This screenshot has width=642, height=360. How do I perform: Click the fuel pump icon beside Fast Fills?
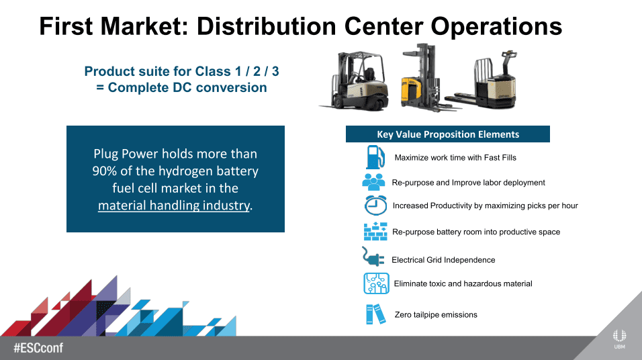tap(375, 157)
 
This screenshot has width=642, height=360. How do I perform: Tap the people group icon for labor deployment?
tap(374, 182)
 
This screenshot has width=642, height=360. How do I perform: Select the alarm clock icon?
tap(375, 206)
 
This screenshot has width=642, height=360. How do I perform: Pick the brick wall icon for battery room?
tap(375, 232)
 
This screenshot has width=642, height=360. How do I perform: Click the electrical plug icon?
tap(373, 257)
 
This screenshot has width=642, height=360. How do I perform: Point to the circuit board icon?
tap(376, 283)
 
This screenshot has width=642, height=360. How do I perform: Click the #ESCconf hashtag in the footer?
tap(38, 348)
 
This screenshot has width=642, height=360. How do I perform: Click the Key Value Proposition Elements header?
tap(448, 134)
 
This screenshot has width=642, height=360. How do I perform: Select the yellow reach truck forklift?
tap(426, 77)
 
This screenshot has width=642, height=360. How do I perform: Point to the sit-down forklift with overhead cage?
tap(354, 81)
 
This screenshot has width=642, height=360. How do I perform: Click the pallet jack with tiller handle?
tap(483, 81)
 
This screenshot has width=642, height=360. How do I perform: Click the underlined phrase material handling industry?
tap(174, 206)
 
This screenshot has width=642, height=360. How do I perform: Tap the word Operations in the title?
tap(496, 27)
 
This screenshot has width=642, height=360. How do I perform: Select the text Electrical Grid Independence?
tap(443, 260)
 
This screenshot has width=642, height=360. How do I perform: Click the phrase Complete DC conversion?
tap(187, 87)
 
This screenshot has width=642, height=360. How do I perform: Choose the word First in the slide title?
tap(66, 26)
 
